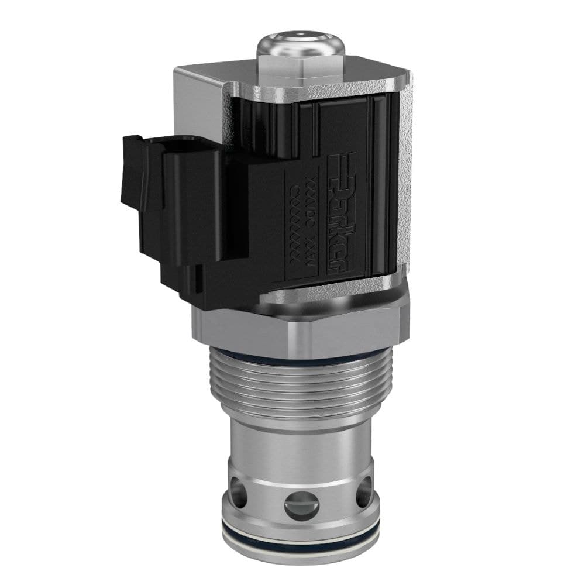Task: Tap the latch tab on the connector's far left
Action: (x=130, y=175)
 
